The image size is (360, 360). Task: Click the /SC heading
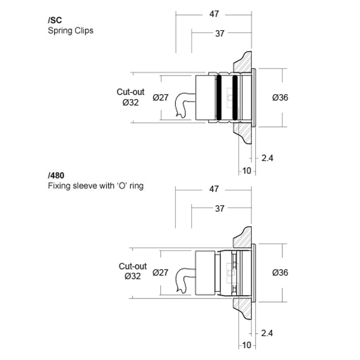point(55,20)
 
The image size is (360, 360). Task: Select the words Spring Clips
point(71,31)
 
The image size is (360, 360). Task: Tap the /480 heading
point(56,175)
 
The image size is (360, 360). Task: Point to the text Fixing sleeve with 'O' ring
point(96,185)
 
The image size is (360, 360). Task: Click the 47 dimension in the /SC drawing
point(214,14)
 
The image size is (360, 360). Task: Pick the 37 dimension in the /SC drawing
point(220,34)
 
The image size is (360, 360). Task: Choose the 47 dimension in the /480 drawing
point(214,189)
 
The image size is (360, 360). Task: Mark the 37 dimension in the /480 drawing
point(220,209)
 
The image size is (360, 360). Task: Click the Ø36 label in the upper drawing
point(280,98)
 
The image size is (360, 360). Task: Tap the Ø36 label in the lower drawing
point(280,273)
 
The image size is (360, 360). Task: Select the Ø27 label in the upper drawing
point(161,98)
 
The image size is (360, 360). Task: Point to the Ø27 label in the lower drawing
point(161,273)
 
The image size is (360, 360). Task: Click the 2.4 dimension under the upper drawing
point(267,158)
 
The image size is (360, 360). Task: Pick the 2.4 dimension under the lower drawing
point(267,333)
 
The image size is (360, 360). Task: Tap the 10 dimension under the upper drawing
point(247,171)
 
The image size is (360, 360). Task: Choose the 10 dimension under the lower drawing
point(247,345)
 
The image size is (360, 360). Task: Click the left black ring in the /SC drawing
point(219,98)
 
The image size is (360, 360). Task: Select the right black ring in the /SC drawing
point(235,98)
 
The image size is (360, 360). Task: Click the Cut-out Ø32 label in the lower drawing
point(132,271)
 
